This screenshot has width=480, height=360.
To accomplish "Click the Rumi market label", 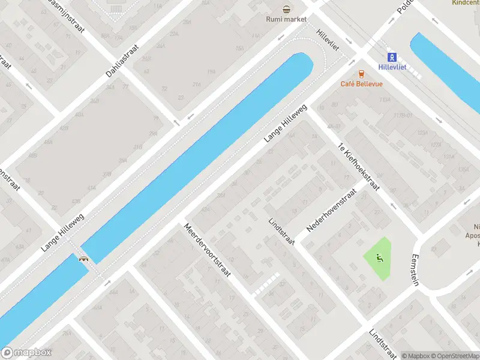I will [x=286, y=19].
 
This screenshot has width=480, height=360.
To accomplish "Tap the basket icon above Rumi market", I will [x=287, y=8].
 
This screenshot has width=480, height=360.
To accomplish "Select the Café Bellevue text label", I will [x=361, y=84].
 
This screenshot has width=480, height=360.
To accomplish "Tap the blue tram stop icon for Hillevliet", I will [x=392, y=57].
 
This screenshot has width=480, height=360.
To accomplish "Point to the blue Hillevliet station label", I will [x=392, y=67].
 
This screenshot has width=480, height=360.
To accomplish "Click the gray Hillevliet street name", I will [x=328, y=40].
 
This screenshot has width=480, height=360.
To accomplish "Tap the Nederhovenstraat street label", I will [x=331, y=210].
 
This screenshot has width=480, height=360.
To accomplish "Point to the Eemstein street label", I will [x=414, y=269].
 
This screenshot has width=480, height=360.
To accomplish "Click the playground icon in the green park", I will [x=379, y=258].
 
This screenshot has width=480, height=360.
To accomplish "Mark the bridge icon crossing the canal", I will [x=84, y=259].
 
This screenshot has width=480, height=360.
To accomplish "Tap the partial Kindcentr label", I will [x=466, y=2].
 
